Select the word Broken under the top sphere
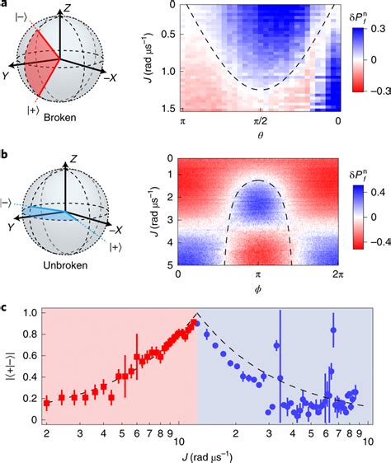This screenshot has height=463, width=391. click(x=60, y=117)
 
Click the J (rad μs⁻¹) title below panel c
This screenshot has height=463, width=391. click(x=199, y=451)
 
